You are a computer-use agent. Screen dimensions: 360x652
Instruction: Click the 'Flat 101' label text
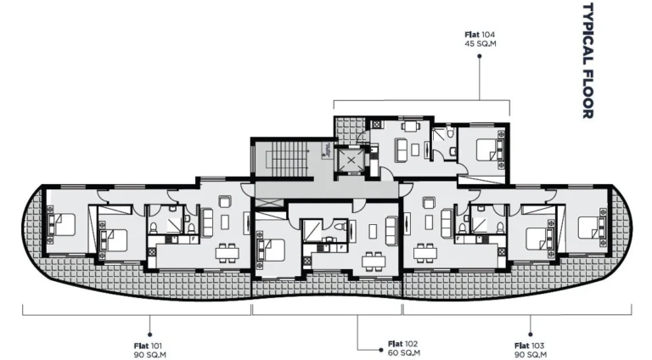149,346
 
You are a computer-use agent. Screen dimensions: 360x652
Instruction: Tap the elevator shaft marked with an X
350,158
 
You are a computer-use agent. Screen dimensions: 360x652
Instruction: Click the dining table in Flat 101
225,251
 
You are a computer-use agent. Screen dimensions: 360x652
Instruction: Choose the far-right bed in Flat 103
590,226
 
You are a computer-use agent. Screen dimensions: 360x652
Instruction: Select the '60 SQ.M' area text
399,353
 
